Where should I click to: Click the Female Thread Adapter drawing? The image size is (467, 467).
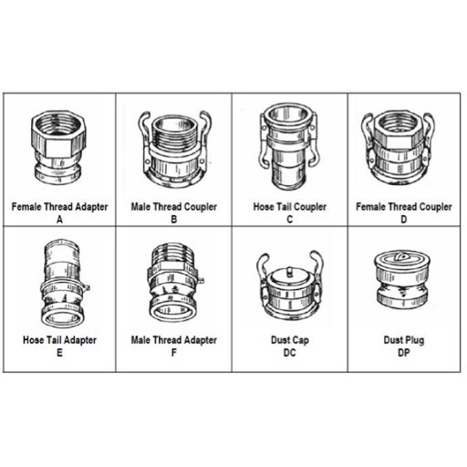(x=57, y=147)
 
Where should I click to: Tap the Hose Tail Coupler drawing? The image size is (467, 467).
(x=289, y=147)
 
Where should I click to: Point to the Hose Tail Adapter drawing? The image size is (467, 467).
(x=64, y=283)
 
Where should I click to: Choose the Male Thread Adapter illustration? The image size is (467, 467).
(x=174, y=283)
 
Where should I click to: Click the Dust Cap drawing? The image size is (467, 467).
(x=289, y=285)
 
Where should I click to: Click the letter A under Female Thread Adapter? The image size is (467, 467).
(x=59, y=219)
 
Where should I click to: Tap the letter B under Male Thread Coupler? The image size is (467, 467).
(x=174, y=219)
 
